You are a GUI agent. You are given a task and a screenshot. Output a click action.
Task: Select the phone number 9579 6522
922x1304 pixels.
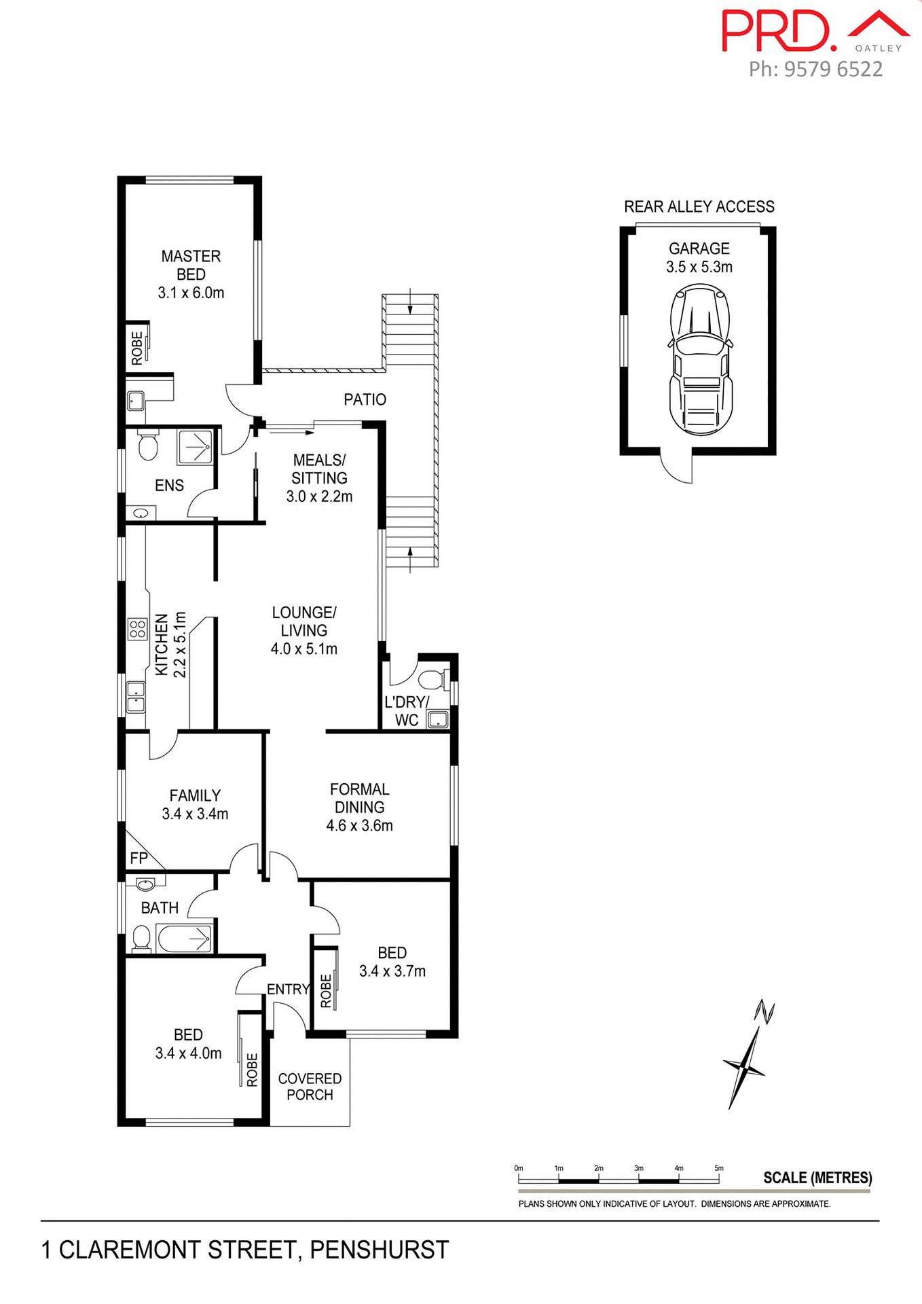tap(833, 69)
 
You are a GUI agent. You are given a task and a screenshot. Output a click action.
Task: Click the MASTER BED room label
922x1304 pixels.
tap(191, 266)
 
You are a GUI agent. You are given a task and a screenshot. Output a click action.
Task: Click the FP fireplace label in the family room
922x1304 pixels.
tap(139, 858)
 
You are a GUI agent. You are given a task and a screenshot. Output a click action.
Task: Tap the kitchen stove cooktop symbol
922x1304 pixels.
tap(137, 629)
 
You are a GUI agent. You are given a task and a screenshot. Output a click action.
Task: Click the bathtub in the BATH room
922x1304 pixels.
tap(185, 939)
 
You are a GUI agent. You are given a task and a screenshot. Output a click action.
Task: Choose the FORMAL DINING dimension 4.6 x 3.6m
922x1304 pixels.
tap(359, 826)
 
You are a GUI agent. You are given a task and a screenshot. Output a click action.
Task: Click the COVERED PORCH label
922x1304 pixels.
tap(310, 1087)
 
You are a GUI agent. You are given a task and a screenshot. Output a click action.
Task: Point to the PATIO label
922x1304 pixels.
tap(365, 399)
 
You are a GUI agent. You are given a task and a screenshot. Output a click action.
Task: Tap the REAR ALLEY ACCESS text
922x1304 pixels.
tap(699, 206)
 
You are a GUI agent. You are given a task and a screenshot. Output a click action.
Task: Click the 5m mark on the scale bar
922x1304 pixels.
tap(719, 1168)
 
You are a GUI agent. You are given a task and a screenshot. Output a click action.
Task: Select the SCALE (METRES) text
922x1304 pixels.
tap(817, 1178)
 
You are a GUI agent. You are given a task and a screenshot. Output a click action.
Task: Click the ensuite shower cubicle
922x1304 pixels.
tap(196, 446)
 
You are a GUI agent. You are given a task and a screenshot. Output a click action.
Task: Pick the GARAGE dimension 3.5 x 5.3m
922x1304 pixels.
tap(699, 267)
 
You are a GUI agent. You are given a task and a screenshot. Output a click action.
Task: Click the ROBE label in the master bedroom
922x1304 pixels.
tap(137, 348)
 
